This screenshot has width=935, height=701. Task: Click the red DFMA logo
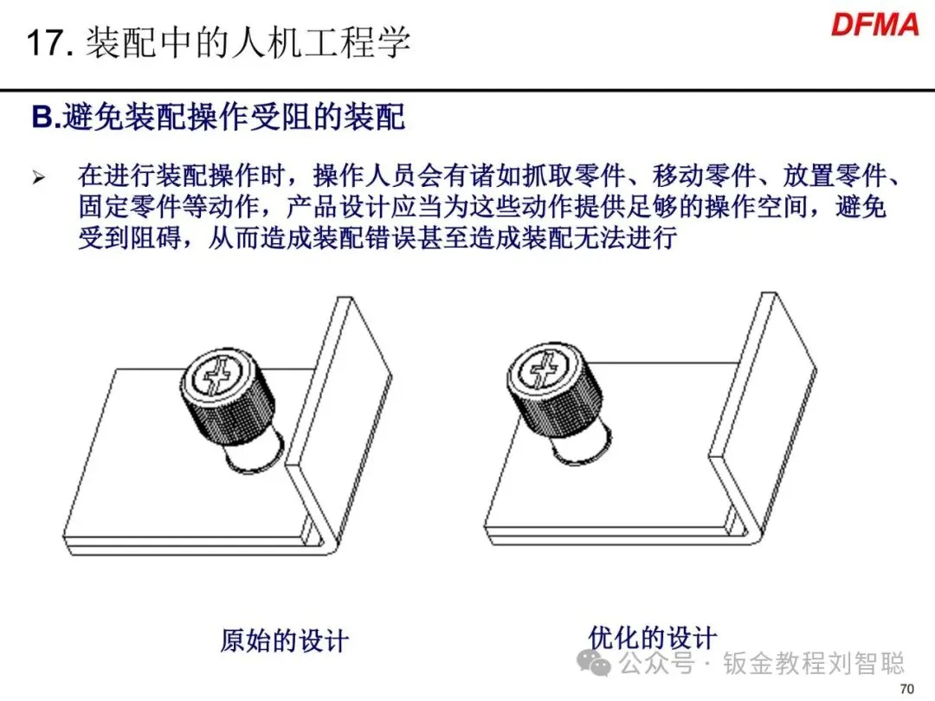874,26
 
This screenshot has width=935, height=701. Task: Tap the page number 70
906,689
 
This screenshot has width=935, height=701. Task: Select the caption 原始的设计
285,640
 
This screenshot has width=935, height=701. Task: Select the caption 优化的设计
653,638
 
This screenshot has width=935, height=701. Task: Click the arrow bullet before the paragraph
39,177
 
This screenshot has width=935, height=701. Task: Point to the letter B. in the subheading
46,116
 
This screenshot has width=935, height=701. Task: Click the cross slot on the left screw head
214,376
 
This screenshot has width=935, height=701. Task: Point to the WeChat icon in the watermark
593,663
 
